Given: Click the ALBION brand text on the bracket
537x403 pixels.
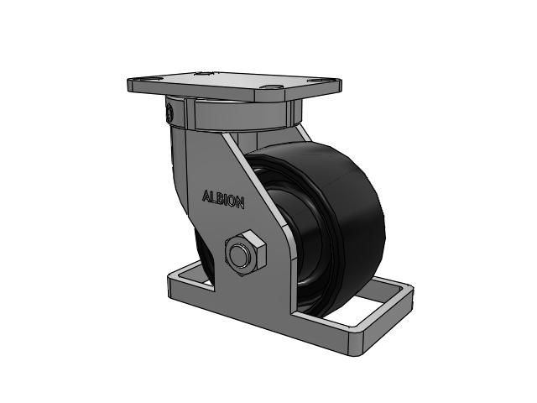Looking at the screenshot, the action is click(223, 199).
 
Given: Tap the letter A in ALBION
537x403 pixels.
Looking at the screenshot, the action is click(206, 196).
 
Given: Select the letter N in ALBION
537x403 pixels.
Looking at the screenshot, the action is click(241, 203).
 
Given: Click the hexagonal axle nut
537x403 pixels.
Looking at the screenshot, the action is click(245, 253).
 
